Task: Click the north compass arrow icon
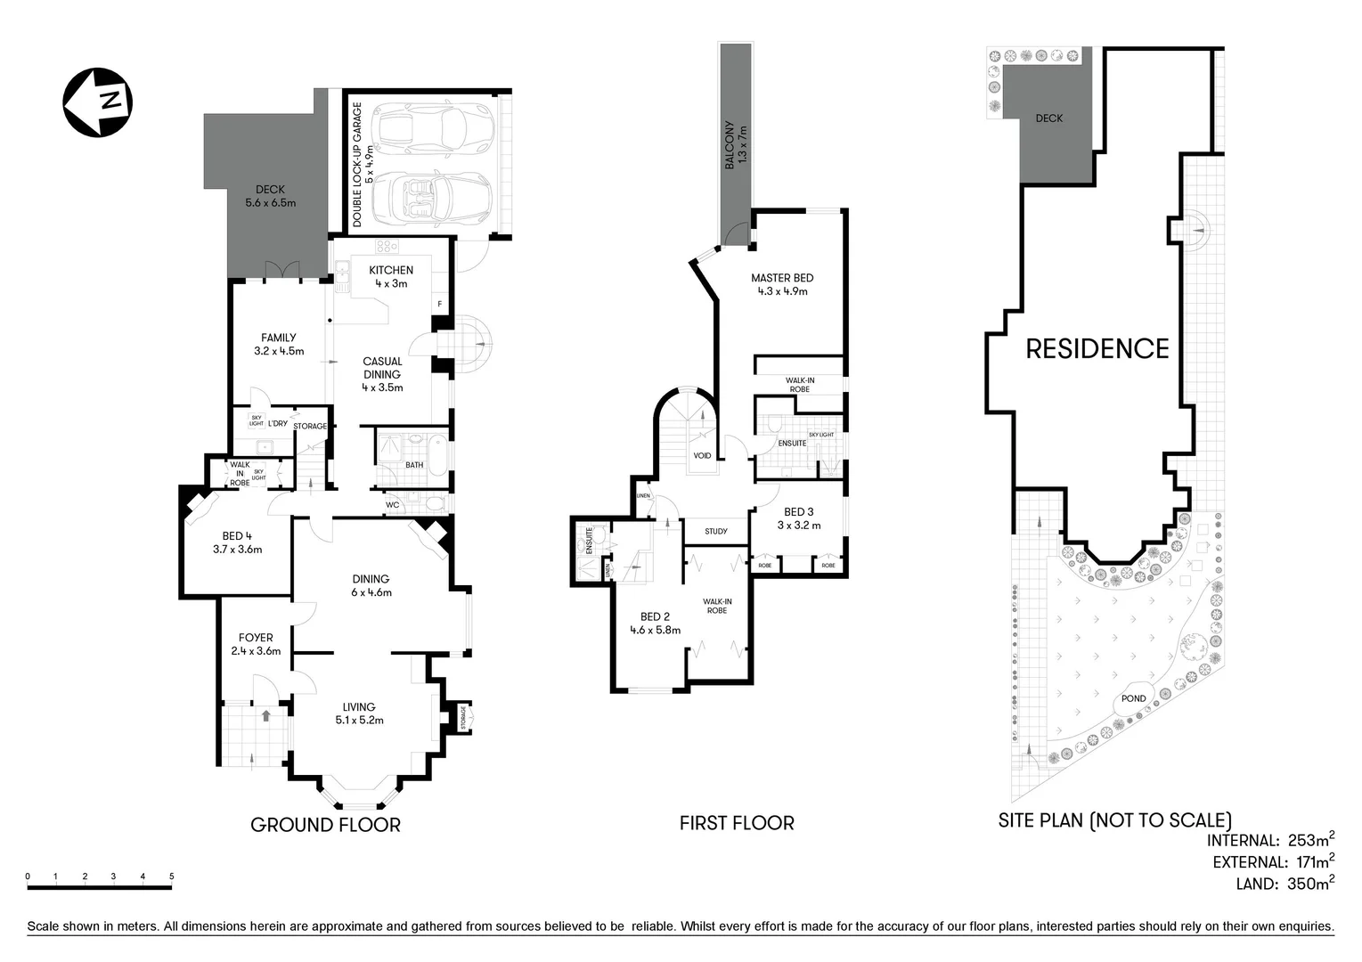pos(98,102)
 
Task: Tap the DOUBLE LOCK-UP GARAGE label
pos(363,165)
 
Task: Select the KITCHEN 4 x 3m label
pos(391,277)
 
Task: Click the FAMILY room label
pos(279,344)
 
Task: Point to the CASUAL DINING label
pos(382,374)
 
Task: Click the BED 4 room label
pos(237,542)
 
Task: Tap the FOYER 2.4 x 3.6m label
pos(256,644)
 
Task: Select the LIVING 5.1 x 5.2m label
pos(359,713)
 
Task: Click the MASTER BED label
pos(782,284)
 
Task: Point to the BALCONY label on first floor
pos(736,145)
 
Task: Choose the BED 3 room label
pos(798,518)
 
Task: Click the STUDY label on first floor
pos(716,532)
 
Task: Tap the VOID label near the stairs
pos(703,456)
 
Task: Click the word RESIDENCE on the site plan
pos(1097,349)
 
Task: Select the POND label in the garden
pos(1133,698)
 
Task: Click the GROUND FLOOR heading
pos(325,825)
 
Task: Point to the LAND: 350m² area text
pos(1284,884)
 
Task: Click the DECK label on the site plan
pos(1048,118)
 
